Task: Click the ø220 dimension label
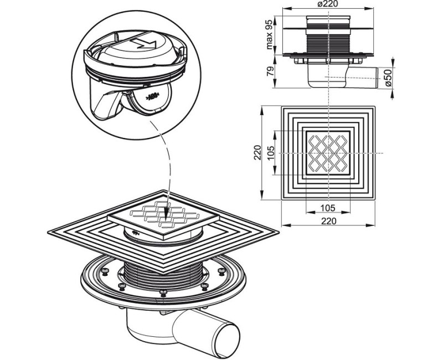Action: coord(328,4)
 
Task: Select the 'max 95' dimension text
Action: coord(269,34)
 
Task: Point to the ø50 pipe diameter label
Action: coord(389,78)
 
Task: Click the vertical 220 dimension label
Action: coord(257,153)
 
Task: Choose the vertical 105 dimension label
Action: coord(270,153)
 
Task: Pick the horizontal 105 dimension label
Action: coord(328,208)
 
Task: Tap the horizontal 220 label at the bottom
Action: coord(328,220)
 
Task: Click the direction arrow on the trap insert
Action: coord(143,44)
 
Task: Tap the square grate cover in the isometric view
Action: coord(163,217)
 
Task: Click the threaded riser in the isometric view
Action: coord(163,275)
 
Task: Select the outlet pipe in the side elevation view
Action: coord(362,78)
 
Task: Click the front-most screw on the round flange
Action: coord(163,292)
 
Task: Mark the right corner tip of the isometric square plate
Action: coord(279,233)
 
